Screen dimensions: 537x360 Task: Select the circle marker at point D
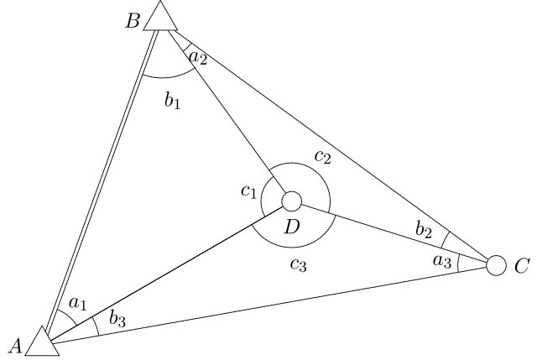coord(291,201)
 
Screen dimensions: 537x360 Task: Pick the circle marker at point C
coord(496,265)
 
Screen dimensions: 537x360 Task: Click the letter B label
coord(133,21)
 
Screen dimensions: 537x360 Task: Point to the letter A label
coord(15,346)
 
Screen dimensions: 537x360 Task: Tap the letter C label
coord(522,266)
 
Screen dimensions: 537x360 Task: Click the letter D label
coord(292,227)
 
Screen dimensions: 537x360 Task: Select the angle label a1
coord(78,304)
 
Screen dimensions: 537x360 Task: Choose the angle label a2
coord(198,58)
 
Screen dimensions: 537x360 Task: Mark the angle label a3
coord(442,261)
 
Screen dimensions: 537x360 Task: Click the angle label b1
coord(172,101)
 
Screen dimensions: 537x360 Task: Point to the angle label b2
coord(424,230)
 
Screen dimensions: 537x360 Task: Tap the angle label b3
coord(117,319)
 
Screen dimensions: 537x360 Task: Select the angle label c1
coord(248,191)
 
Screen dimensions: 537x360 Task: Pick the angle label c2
coord(323,157)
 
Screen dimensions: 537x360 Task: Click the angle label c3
coord(299,264)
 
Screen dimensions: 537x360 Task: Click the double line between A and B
coord(102,183)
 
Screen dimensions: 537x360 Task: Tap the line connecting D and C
coord(394,234)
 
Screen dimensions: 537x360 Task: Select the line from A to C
coord(268,305)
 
